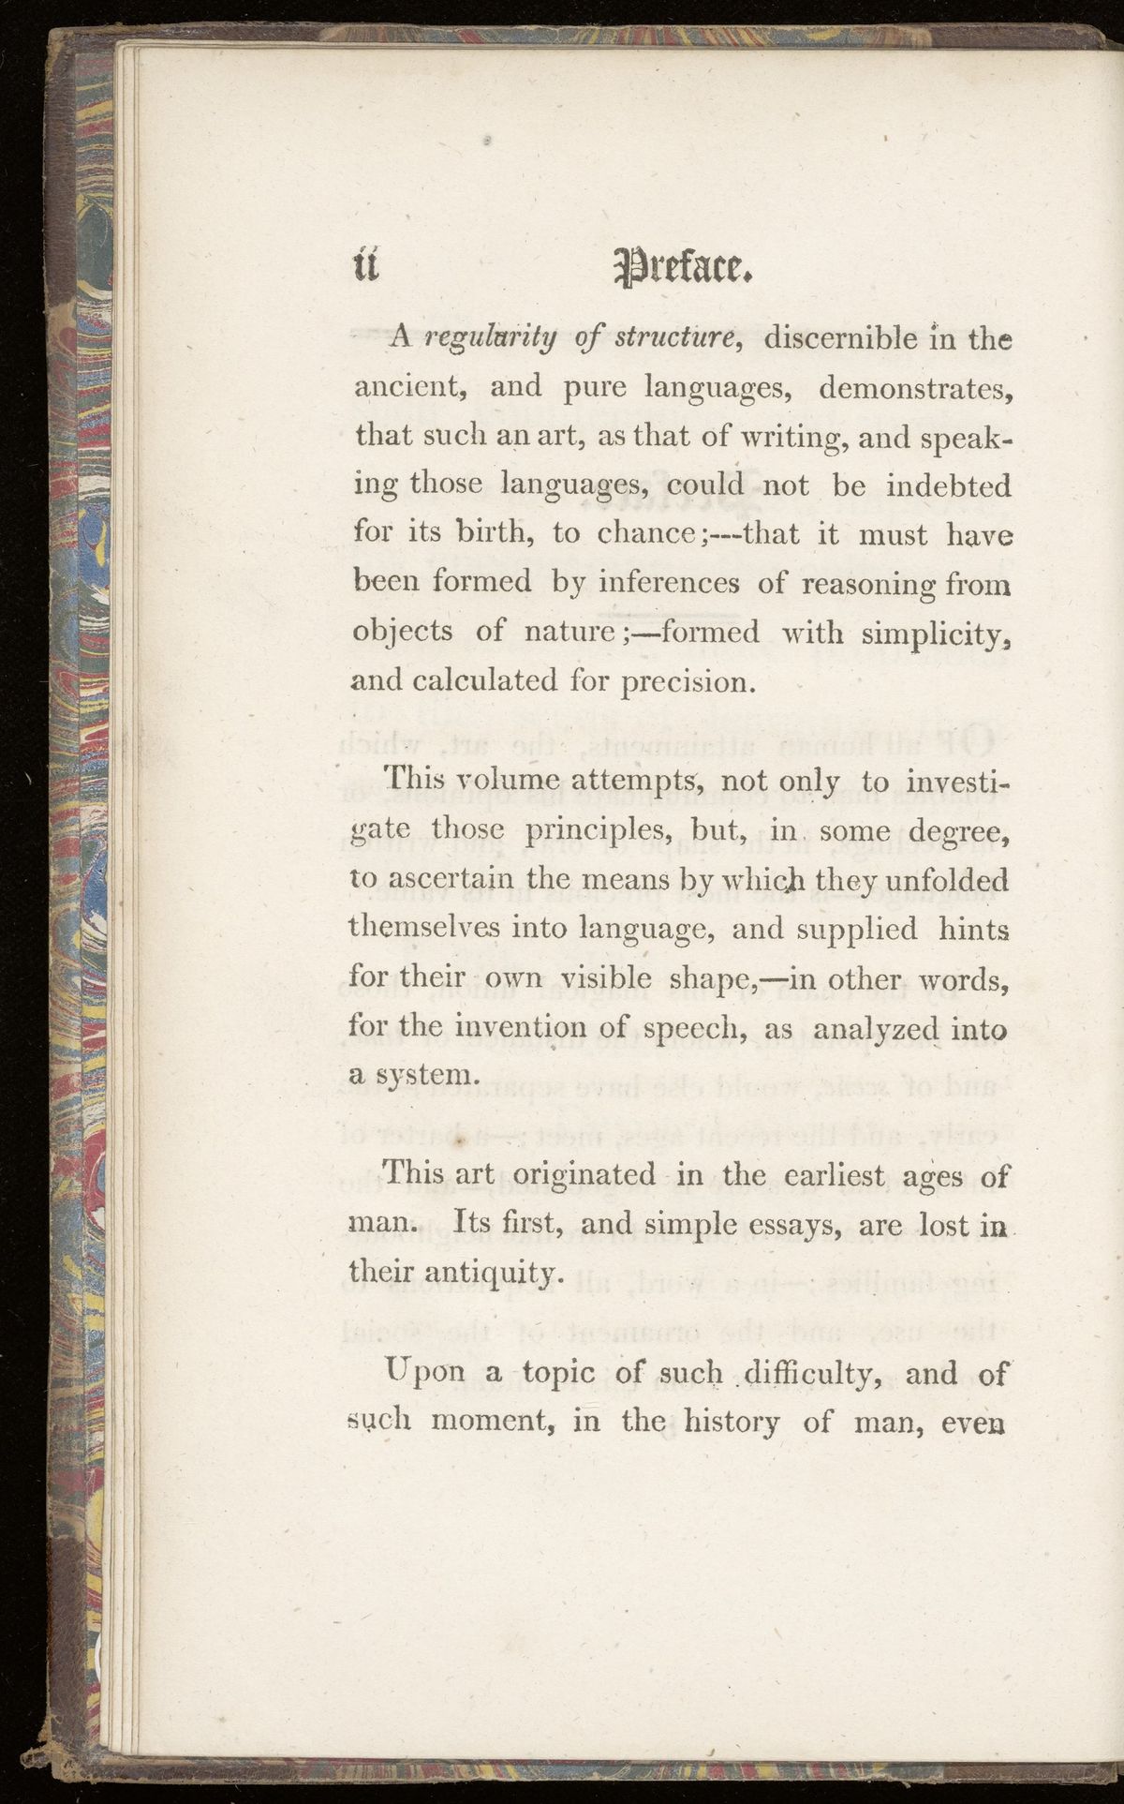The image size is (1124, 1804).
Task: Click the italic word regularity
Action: (490, 339)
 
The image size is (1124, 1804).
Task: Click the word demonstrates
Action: (917, 387)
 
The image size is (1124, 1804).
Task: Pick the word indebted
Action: (949, 485)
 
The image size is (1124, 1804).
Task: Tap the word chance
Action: (644, 534)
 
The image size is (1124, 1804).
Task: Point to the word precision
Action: (688, 681)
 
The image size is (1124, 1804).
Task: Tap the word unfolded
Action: (947, 880)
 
